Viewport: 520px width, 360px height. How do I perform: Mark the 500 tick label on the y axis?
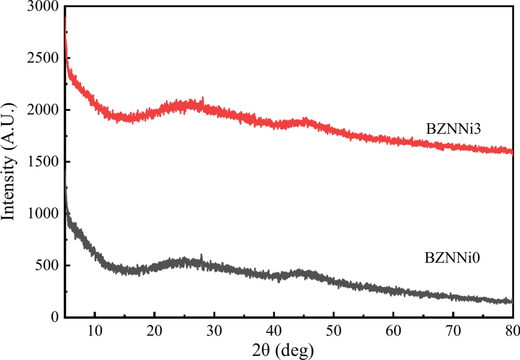[48, 266]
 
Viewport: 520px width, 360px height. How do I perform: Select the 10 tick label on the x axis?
[95, 330]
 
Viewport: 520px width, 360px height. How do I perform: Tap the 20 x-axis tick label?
[154, 330]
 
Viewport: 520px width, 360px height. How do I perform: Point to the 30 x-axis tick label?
[214, 330]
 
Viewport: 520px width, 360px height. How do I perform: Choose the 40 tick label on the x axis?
[274, 330]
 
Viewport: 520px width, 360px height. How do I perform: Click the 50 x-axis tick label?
[333, 330]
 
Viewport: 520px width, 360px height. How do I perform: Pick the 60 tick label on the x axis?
[393, 330]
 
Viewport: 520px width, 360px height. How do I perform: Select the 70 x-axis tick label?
[453, 330]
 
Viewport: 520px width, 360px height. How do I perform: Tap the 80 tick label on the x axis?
[512, 330]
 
